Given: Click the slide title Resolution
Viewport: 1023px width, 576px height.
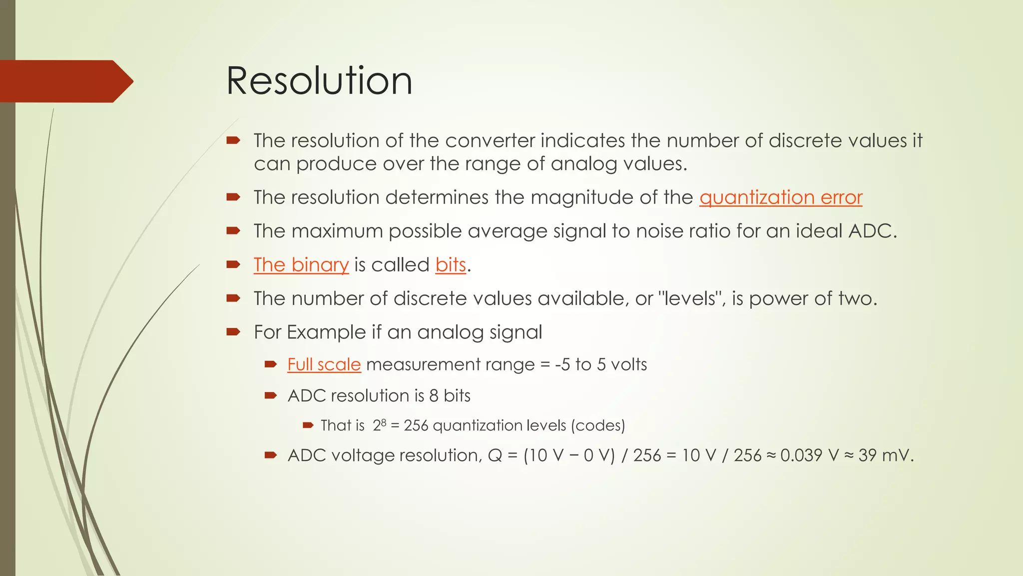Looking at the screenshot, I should click(319, 81).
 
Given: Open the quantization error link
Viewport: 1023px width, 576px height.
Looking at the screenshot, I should click(781, 197).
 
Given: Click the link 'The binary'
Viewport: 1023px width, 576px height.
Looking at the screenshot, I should click(301, 265).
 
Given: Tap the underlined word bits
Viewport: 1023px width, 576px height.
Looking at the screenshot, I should click(451, 265).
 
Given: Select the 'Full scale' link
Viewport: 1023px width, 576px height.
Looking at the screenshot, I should click(324, 364).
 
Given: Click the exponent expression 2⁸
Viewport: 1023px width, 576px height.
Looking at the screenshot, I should click(380, 425).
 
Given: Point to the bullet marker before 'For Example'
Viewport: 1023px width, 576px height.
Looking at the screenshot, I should click(233, 331).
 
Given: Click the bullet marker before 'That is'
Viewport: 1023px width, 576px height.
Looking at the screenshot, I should click(308, 425).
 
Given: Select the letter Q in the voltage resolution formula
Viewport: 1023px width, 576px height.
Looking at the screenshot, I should click(495, 455).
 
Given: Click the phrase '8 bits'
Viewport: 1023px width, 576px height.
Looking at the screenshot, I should click(450, 396).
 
